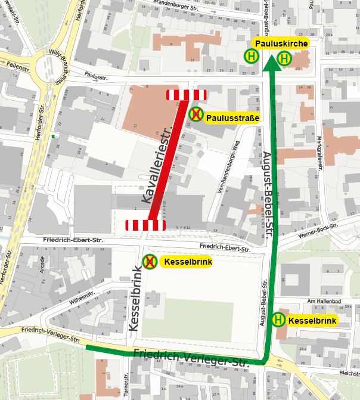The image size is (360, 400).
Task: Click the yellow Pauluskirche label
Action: tap(281, 44)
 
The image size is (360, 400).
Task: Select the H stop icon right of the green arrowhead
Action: tap(284, 58)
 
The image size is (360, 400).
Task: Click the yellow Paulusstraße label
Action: tap(232, 118)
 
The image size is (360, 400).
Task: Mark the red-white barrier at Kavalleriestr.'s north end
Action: tap(186, 94)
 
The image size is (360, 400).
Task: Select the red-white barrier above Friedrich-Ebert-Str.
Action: tap(145, 225)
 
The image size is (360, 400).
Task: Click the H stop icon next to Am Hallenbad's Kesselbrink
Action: tap(278, 320)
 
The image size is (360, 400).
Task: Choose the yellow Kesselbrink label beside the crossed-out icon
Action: tap(188, 262)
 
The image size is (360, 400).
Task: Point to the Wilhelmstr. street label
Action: tap(82, 298)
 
